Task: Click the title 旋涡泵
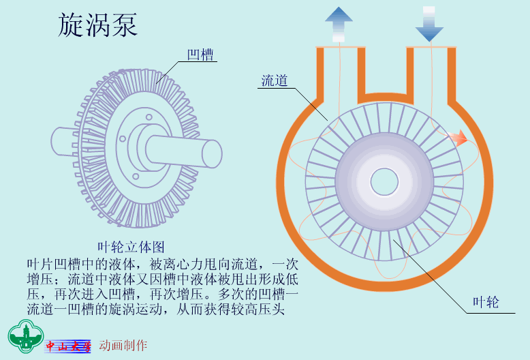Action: pos(97,25)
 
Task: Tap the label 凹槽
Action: pos(200,55)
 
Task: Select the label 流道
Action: pos(274,80)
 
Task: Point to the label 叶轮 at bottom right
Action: pos(486,302)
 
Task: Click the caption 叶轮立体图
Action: pos(131,247)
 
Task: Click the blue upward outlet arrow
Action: pos(339,24)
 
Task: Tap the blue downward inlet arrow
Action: pos(429,24)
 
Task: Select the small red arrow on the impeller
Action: pos(458,137)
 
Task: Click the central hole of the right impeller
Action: pos(384,181)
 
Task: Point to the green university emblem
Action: pos(26,336)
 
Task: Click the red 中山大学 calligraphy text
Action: pos(68,346)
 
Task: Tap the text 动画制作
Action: pos(123,345)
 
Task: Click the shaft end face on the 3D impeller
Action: pos(212,154)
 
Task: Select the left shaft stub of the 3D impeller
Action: pos(63,141)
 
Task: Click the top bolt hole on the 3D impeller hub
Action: pos(149,117)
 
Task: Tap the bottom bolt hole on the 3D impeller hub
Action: pos(136,177)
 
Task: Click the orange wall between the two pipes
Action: pos(386,97)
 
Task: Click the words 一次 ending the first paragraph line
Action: pos(285,264)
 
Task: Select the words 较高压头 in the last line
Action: pos(258,309)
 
